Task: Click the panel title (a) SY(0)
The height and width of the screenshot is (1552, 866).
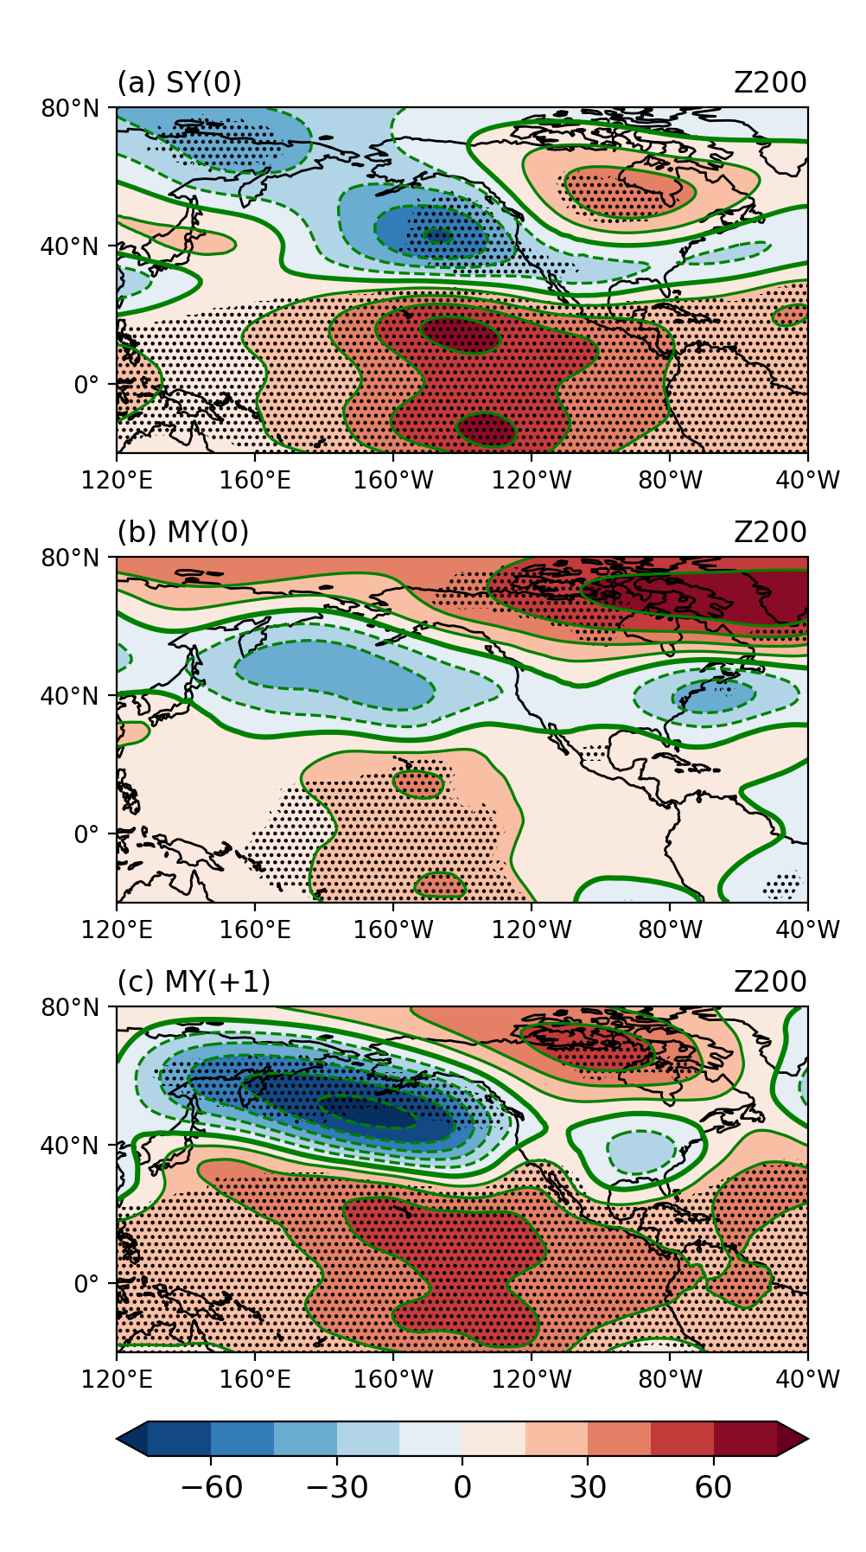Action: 179,83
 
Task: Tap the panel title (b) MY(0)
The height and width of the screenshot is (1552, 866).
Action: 182,533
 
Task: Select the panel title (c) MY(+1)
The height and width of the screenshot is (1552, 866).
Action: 194,982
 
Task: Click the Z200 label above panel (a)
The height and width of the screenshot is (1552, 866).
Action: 770,83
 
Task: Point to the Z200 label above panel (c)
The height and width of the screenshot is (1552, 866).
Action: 770,982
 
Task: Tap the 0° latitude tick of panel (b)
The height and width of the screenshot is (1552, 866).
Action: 86,834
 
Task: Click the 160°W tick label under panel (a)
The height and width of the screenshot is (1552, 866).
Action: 393,480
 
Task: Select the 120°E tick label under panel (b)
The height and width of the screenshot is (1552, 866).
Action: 117,929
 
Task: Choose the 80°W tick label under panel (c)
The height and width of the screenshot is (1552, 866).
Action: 670,1379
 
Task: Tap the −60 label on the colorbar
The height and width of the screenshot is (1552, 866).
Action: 211,1488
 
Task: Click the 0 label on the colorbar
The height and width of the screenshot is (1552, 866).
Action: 462,1488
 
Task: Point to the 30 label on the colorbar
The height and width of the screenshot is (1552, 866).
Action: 588,1488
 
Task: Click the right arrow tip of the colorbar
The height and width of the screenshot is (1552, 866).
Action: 806,1439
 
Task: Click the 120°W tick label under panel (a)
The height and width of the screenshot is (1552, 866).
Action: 532,480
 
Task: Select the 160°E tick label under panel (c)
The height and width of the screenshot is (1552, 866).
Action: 255,1379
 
